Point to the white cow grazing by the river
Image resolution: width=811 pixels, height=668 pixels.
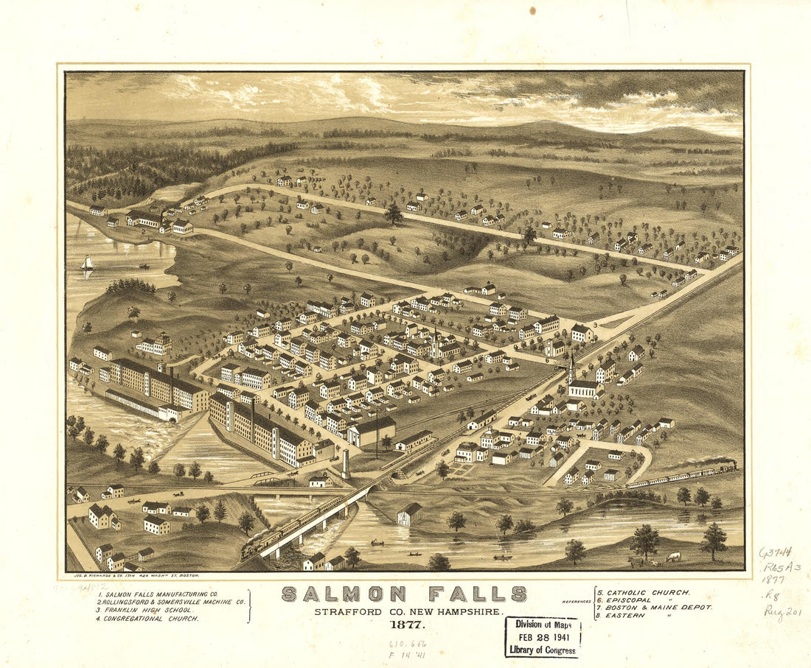point(673,557)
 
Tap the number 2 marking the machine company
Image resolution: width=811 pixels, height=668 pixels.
point(140,232)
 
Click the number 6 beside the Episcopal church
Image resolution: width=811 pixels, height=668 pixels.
point(547,360)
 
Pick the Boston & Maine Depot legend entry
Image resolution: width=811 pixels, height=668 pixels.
point(653,608)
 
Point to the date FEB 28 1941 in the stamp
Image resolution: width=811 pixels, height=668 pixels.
point(543,636)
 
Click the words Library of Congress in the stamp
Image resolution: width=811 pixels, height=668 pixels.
point(543,650)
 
